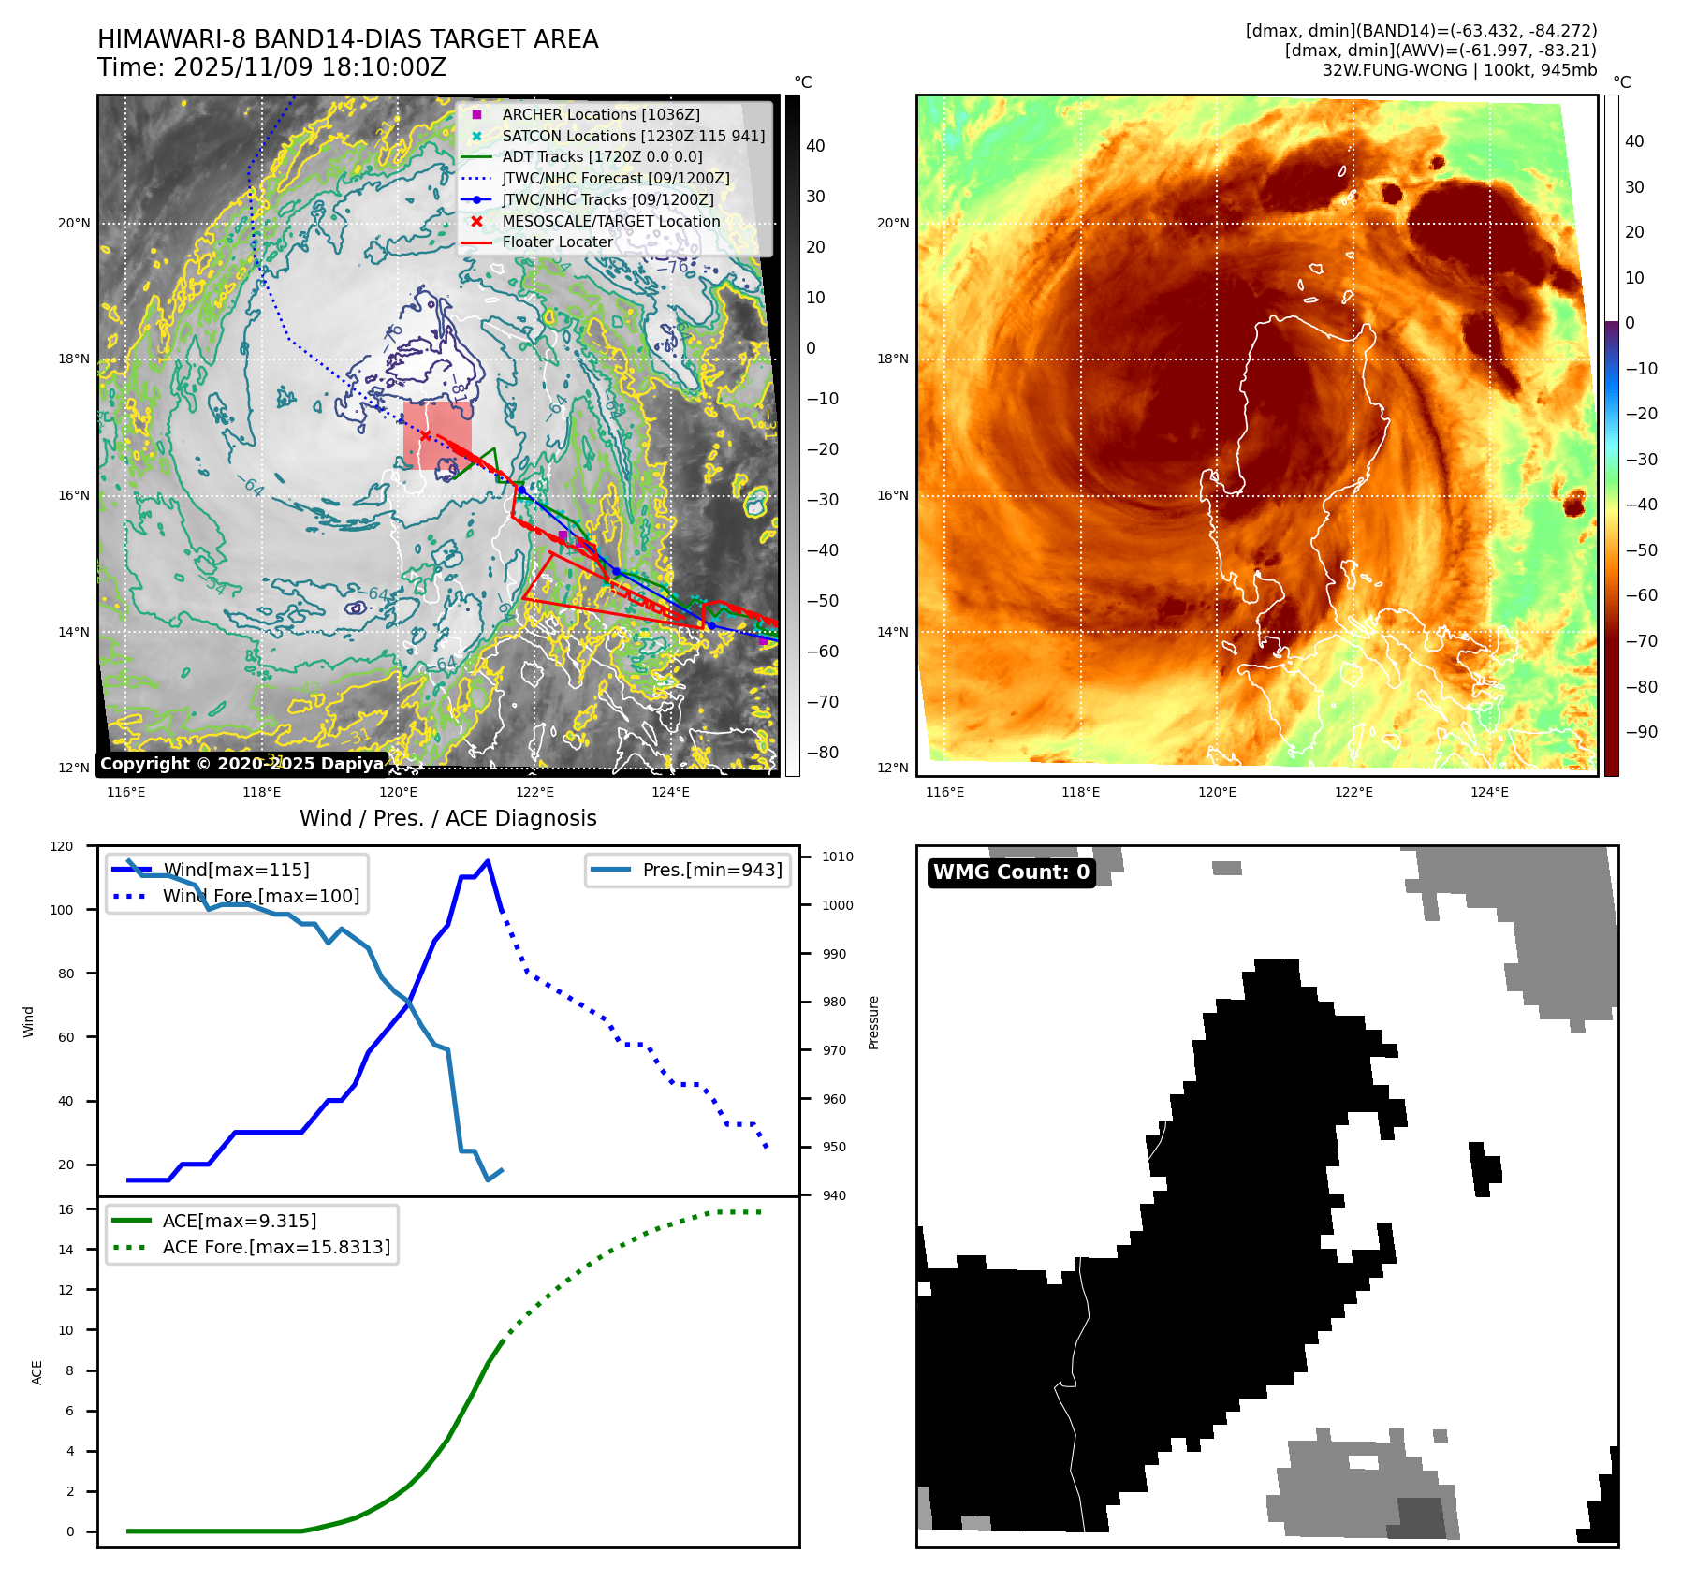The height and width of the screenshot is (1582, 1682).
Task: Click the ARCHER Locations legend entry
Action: tap(600, 114)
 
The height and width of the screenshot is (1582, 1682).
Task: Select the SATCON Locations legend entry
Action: tap(633, 136)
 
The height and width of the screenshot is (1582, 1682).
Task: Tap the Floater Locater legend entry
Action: tap(557, 242)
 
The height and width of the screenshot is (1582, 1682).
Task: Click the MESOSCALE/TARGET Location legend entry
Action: tap(610, 221)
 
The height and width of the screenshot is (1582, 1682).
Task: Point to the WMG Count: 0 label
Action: tap(1011, 872)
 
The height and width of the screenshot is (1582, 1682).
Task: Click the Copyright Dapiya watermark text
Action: tap(241, 764)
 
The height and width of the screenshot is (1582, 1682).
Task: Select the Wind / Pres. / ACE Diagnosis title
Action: tap(447, 818)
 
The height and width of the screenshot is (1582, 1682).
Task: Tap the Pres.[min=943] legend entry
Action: tap(711, 870)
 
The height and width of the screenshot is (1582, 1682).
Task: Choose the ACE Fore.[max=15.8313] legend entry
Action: tap(275, 1247)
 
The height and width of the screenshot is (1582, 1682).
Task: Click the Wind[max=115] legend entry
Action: tap(235, 870)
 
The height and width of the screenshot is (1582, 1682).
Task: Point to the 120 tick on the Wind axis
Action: tap(62, 846)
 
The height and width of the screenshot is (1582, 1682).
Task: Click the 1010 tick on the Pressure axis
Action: tap(838, 857)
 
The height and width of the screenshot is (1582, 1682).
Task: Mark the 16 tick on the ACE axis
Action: tap(66, 1209)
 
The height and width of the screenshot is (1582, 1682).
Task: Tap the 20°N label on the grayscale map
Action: tap(74, 223)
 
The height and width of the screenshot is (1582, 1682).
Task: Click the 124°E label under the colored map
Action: tap(1489, 792)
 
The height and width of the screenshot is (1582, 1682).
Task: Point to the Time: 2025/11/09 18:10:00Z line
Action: tap(271, 67)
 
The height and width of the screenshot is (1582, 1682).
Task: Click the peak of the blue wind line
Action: tap(488, 861)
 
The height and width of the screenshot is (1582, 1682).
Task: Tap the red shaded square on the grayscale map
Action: tap(437, 435)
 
